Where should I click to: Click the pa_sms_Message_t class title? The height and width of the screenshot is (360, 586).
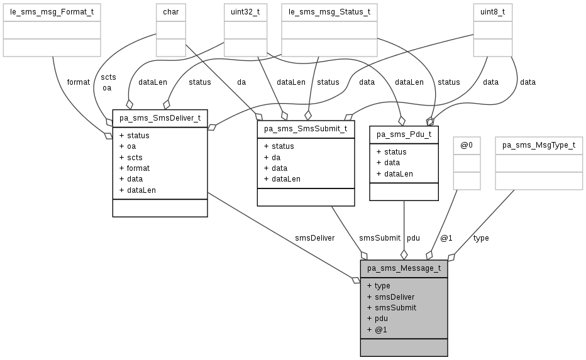404,268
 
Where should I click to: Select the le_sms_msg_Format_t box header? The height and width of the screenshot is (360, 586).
52,11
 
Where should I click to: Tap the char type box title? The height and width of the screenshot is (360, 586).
170,11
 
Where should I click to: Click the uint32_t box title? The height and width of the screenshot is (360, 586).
242,11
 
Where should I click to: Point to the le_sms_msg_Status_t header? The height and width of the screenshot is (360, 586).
329,11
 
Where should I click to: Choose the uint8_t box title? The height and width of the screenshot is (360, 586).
493,11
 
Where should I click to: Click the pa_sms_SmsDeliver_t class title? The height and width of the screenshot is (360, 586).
160,117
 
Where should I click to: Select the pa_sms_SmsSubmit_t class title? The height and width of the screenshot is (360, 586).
306,129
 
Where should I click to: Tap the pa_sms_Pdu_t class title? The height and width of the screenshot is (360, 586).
404,134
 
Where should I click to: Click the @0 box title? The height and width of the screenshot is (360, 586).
467,145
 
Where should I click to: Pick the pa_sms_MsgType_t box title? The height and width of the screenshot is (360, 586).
539,145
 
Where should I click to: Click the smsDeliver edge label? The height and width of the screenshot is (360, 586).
314,238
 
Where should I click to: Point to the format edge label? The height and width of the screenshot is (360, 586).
78,82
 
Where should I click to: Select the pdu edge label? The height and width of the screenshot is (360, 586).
413,238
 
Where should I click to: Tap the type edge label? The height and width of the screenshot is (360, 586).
481,238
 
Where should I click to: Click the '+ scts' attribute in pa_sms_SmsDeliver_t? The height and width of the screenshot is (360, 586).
131,157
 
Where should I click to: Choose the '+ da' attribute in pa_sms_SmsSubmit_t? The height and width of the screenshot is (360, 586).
272,157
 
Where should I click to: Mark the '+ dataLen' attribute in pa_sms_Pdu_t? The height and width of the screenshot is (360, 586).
394,173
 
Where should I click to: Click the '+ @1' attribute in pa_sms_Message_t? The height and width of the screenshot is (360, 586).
377,329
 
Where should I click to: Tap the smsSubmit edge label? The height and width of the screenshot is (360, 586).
379,238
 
